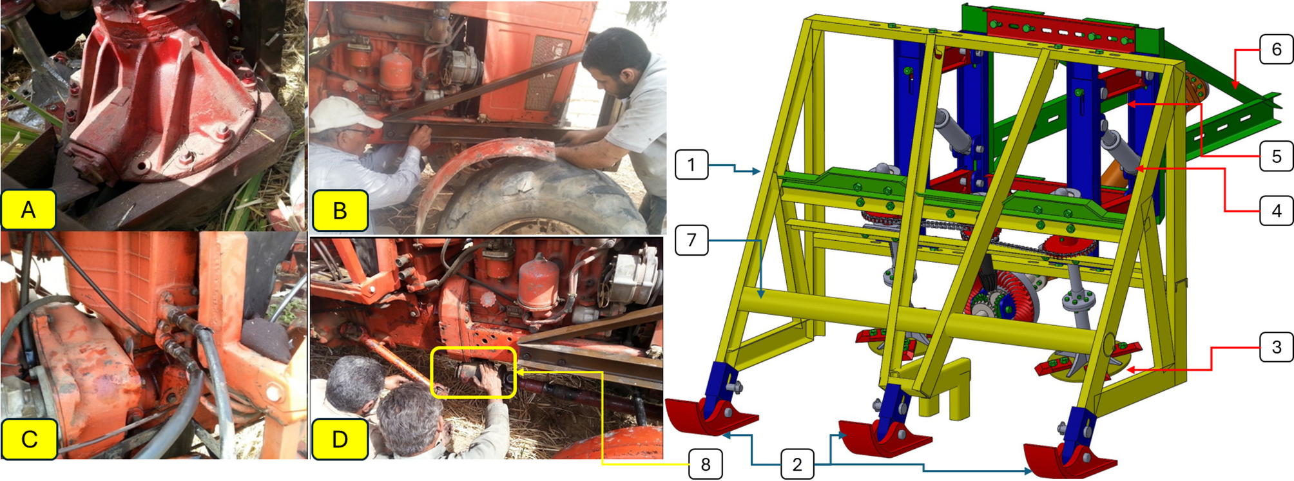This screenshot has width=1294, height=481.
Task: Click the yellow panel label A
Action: coord(28,210)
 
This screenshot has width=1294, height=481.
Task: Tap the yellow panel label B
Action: coord(340,211)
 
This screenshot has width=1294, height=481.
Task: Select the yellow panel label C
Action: coord(29,439)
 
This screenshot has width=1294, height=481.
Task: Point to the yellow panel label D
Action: coord(340,439)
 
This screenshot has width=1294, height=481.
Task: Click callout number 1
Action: coord(691,165)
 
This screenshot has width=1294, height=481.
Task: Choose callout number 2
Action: coord(797,464)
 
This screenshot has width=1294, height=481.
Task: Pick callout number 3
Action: coord(1276,348)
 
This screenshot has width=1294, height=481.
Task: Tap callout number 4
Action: coord(1276,211)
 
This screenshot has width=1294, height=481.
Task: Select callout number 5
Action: coord(1276,156)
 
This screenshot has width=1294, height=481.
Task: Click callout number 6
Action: coord(1276,50)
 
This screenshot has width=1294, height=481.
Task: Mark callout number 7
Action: coord(691,240)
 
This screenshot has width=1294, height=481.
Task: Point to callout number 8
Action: coord(706,464)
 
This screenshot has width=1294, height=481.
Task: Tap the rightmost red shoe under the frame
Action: coord(1067,458)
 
